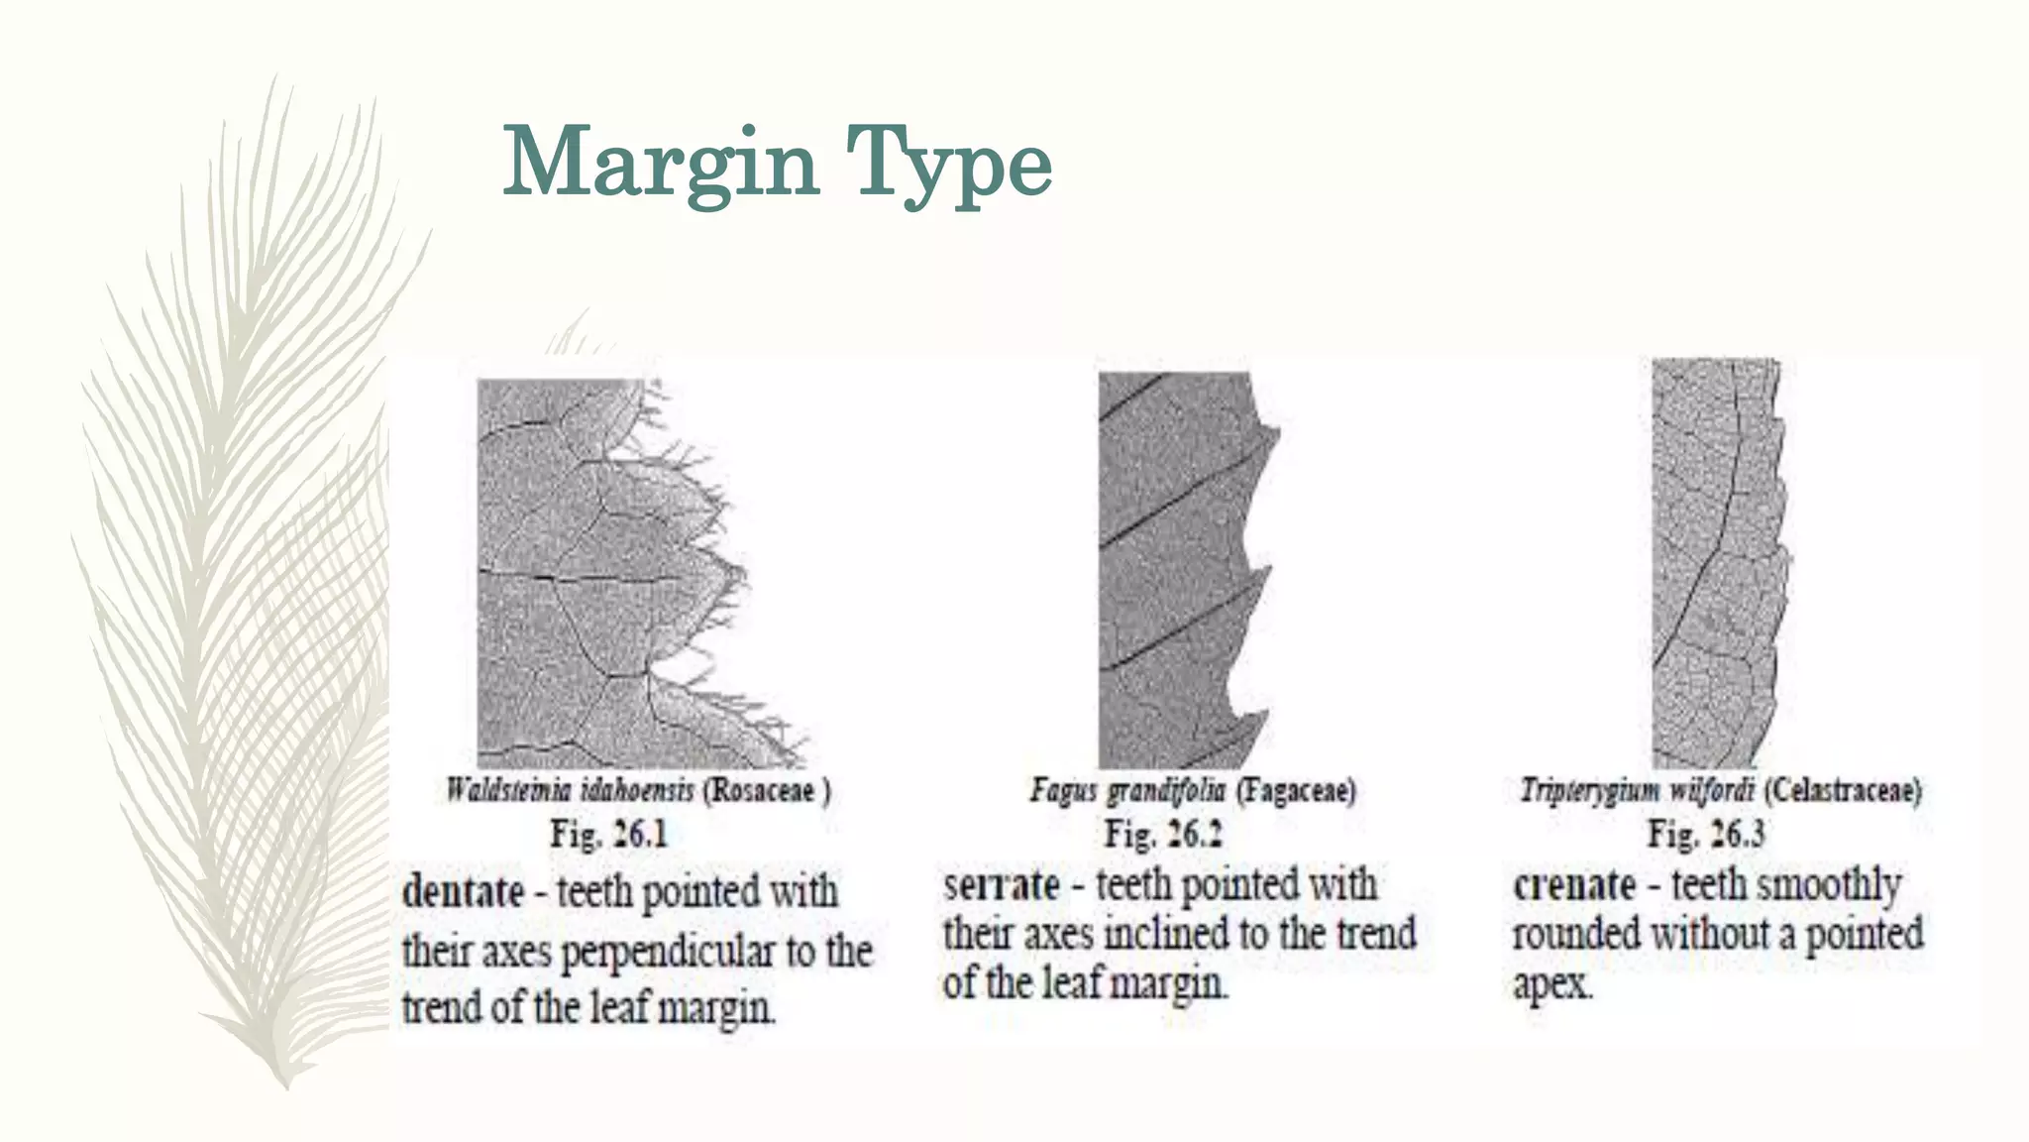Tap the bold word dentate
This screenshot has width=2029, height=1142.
463,891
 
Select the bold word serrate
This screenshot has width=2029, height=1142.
1001,884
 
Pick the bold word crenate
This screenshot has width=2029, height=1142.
1574,884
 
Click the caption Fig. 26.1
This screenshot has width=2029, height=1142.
609,834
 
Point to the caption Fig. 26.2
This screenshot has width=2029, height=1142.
1163,834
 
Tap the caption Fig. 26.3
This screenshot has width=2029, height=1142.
1706,834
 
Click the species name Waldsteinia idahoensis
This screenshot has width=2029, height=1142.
570,790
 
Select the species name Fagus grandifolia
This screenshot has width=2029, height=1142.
1127,790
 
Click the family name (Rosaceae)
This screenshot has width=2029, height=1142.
767,790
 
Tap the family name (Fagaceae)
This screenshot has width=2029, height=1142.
1296,790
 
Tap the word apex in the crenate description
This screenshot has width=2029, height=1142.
1551,984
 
